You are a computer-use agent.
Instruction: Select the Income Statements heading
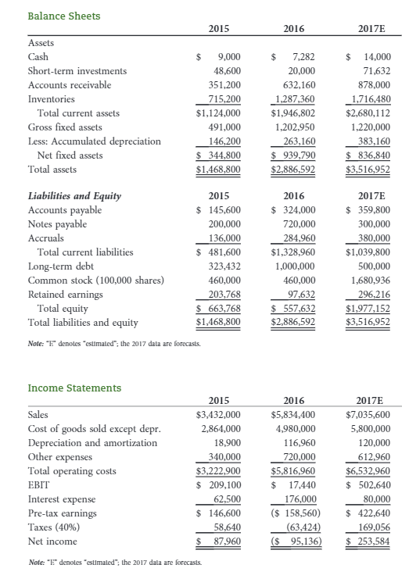coord(74,388)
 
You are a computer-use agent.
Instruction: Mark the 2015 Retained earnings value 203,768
coord(223,294)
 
